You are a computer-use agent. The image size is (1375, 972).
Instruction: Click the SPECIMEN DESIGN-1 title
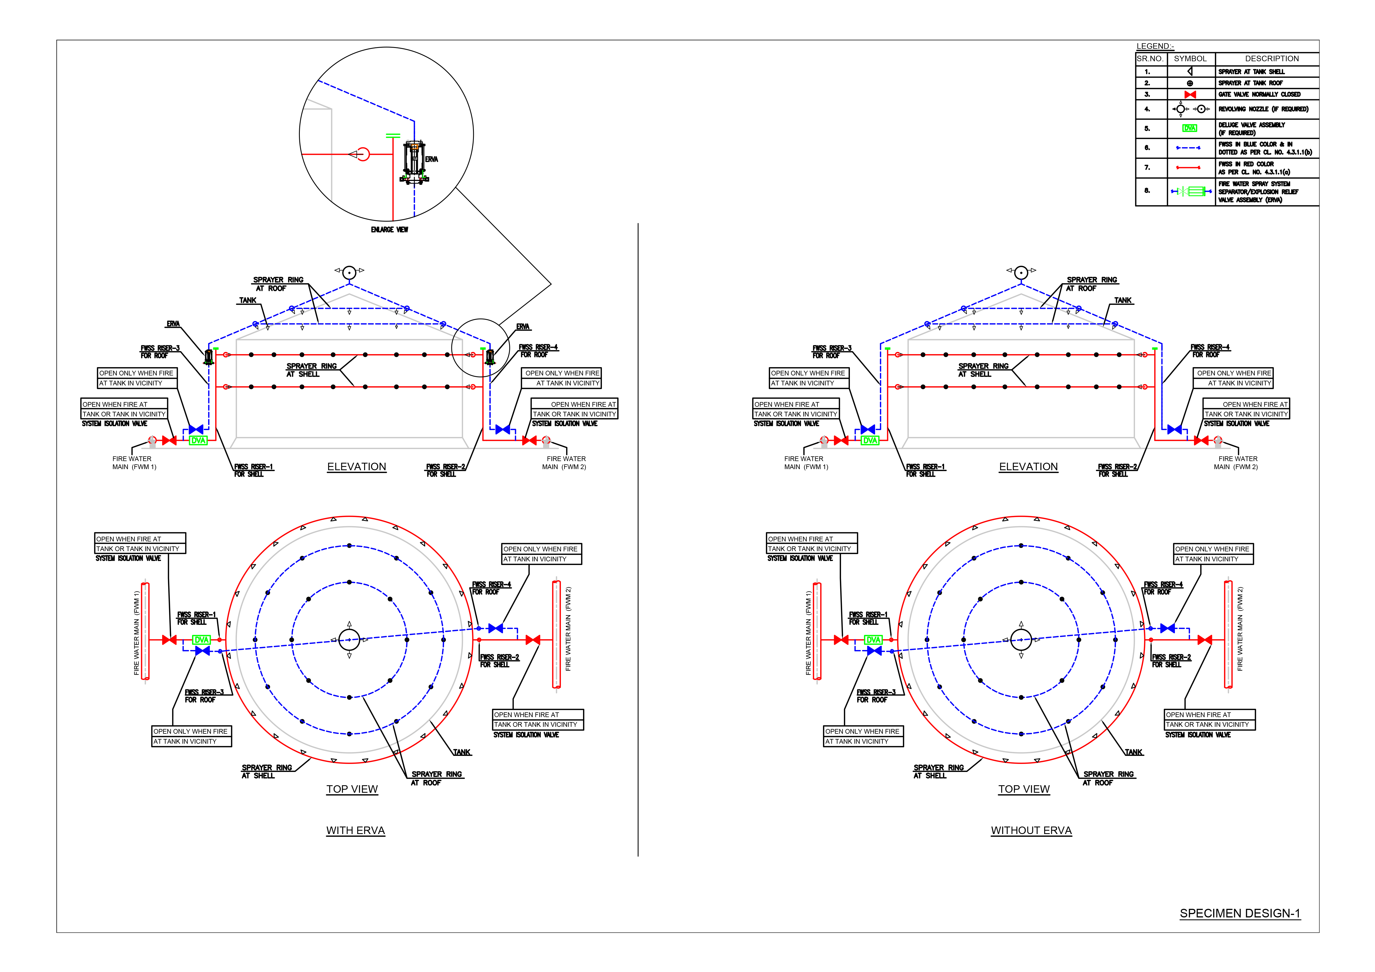point(1240,913)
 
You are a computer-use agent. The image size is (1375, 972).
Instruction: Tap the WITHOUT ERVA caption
point(1031,831)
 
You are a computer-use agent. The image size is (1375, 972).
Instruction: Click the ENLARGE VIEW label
point(389,229)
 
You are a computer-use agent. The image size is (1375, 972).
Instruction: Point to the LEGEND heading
point(1155,46)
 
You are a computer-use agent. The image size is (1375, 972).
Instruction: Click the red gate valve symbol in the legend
point(1190,95)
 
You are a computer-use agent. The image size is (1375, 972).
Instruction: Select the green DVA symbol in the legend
point(1190,128)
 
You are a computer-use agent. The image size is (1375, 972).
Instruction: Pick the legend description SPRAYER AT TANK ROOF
point(1250,83)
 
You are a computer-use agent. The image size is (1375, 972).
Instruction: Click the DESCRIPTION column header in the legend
point(1272,59)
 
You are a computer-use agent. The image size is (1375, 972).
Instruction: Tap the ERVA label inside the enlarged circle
point(432,159)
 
